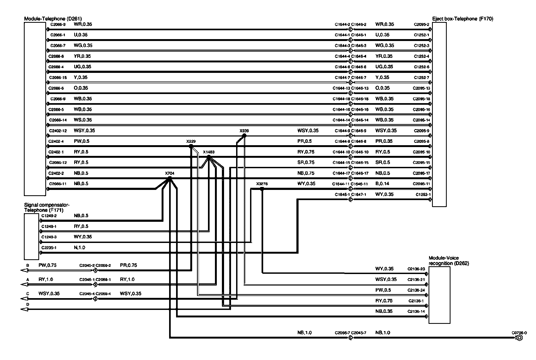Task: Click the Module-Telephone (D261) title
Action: click(53, 19)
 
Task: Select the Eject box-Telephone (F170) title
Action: click(463, 19)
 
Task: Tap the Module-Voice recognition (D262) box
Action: click(439, 295)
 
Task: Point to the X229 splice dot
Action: click(191, 146)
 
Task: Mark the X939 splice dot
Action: click(244, 136)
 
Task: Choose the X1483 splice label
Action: click(209, 152)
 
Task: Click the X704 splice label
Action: click(170, 173)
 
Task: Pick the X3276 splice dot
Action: click(262, 189)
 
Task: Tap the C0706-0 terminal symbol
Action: click(519, 338)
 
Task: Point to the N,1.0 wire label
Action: click(79, 247)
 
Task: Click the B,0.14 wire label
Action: click(382, 184)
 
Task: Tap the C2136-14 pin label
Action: click(416, 312)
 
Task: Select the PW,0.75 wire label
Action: click(47, 265)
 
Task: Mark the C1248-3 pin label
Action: click(49, 237)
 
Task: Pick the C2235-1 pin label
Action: click(49, 248)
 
